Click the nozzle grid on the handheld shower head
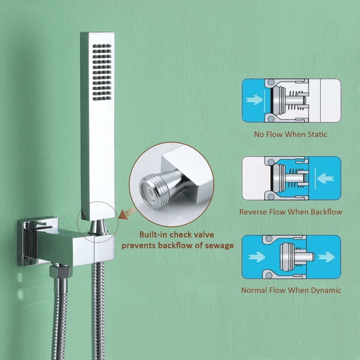click(102, 72)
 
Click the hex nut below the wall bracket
click(59, 271)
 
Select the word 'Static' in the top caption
click(317, 134)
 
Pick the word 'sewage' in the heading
click(219, 246)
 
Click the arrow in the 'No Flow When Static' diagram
click(254, 100)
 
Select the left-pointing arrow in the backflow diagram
click(325, 178)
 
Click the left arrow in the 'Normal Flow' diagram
click(257, 257)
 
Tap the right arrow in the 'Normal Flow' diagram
click(326, 257)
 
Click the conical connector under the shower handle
click(98, 227)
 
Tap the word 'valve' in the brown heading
click(203, 234)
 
